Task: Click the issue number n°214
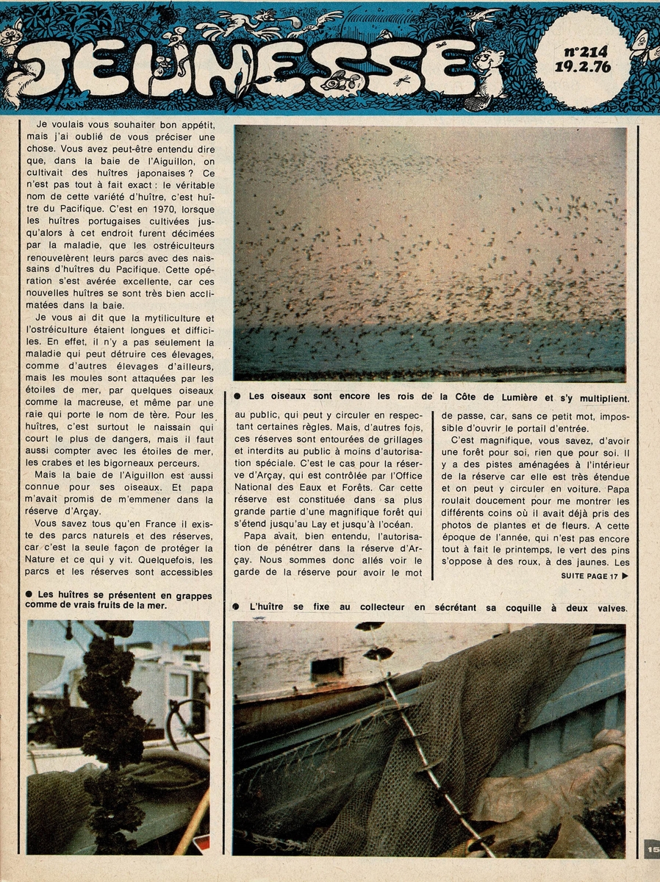pos(586,52)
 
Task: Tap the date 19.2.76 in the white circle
pos(585,69)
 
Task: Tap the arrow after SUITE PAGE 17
pos(625,576)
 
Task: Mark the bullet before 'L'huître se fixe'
pos(237,607)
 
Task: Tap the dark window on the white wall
pos(326,667)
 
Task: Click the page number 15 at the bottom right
pos(652,850)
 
